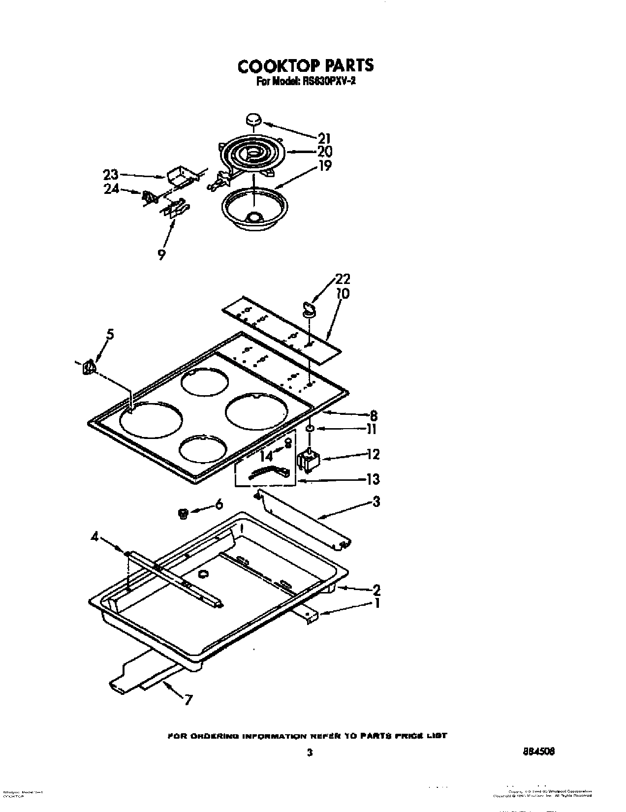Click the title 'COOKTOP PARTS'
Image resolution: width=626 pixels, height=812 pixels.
point(305,65)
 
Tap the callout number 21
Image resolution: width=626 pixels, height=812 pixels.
point(324,138)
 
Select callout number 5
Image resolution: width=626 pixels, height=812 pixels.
point(110,335)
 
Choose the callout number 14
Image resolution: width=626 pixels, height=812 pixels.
point(266,455)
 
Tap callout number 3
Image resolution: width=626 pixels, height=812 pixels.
point(376,502)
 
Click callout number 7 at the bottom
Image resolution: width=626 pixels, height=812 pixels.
point(187,699)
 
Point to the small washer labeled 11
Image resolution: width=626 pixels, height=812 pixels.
point(310,429)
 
